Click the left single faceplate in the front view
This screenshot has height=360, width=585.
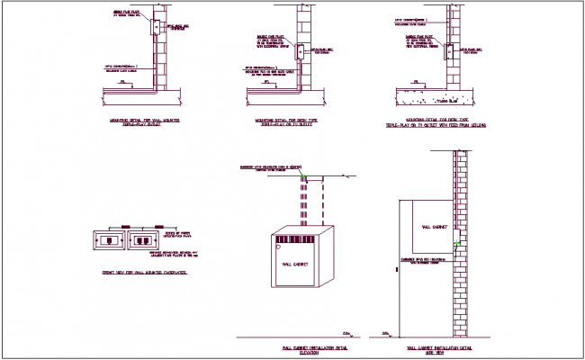click(x=110, y=240)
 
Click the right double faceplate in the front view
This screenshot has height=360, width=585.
click(x=142, y=240)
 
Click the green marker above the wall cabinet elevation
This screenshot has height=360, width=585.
click(x=304, y=175)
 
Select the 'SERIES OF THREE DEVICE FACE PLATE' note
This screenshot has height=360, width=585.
click(x=170, y=237)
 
